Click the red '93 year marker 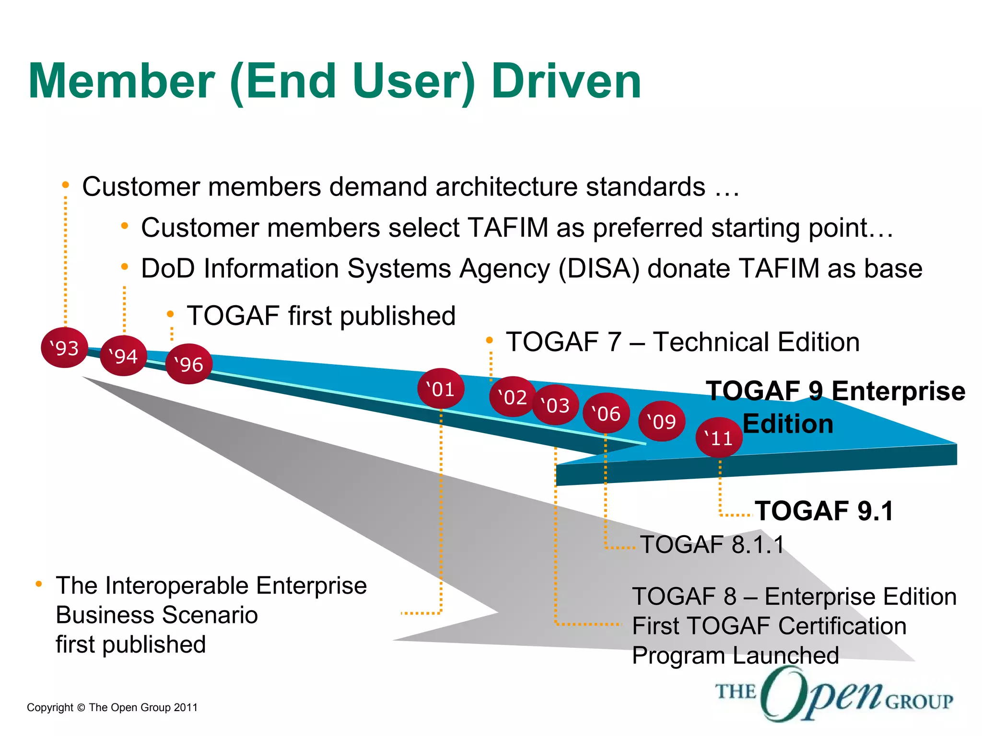point(65,348)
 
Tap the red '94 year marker point(123,356)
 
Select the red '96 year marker point(189,364)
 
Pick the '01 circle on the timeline point(441,389)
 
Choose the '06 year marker point(606,413)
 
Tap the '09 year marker point(662,421)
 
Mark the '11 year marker point(719,437)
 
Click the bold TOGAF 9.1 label point(824,511)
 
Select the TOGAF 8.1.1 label point(712,545)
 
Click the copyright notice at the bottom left point(112,708)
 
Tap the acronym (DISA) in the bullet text point(599,268)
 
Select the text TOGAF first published point(321,316)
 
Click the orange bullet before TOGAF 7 point(489,341)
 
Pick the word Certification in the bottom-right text point(842,626)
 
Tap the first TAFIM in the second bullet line point(508,228)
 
